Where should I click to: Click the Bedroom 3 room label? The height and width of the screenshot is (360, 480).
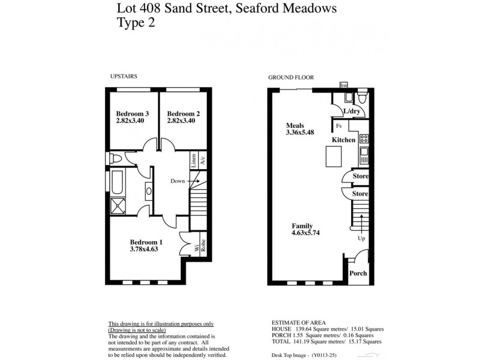[132, 114]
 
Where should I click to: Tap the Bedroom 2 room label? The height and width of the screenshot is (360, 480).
[183, 114]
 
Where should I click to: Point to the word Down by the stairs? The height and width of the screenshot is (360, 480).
[178, 181]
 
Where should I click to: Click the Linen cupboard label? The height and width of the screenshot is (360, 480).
[194, 160]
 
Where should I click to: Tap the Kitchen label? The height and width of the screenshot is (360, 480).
[344, 140]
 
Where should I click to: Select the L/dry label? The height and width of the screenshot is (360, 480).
[351, 112]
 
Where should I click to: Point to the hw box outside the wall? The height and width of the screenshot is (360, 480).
[344, 86]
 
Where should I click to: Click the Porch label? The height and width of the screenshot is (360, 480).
[358, 273]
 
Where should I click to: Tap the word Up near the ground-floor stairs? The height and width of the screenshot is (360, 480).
[361, 238]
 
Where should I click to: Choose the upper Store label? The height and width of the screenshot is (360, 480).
[360, 176]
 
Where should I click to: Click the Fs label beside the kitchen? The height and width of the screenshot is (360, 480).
[339, 126]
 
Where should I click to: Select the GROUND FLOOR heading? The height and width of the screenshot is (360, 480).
[291, 77]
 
